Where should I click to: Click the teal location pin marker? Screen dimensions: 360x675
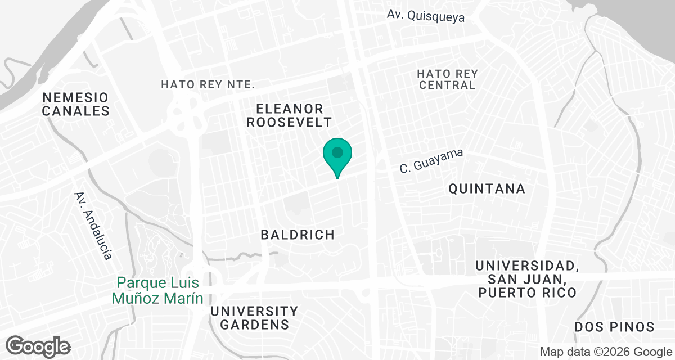pyautogui.click(x=337, y=156)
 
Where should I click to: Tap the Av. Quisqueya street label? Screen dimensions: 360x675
pyautogui.click(x=426, y=16)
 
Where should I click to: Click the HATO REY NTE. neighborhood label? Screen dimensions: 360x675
pyautogui.click(x=208, y=85)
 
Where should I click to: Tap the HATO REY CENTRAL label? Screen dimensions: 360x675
pyautogui.click(x=447, y=79)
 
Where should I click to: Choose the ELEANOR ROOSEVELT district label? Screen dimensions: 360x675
pyautogui.click(x=290, y=115)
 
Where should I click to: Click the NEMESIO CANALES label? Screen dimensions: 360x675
pyautogui.click(x=75, y=104)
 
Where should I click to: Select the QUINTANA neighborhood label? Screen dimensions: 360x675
pyautogui.click(x=487, y=189)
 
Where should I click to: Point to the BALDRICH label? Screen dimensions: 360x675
pyautogui.click(x=298, y=235)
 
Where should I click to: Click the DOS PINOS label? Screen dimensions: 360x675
pyautogui.click(x=615, y=327)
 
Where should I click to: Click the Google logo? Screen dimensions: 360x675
pyautogui.click(x=38, y=346)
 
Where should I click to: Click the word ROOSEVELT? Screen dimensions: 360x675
pyautogui.click(x=290, y=122)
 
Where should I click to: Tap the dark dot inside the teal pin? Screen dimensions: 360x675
pyautogui.click(x=337, y=152)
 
